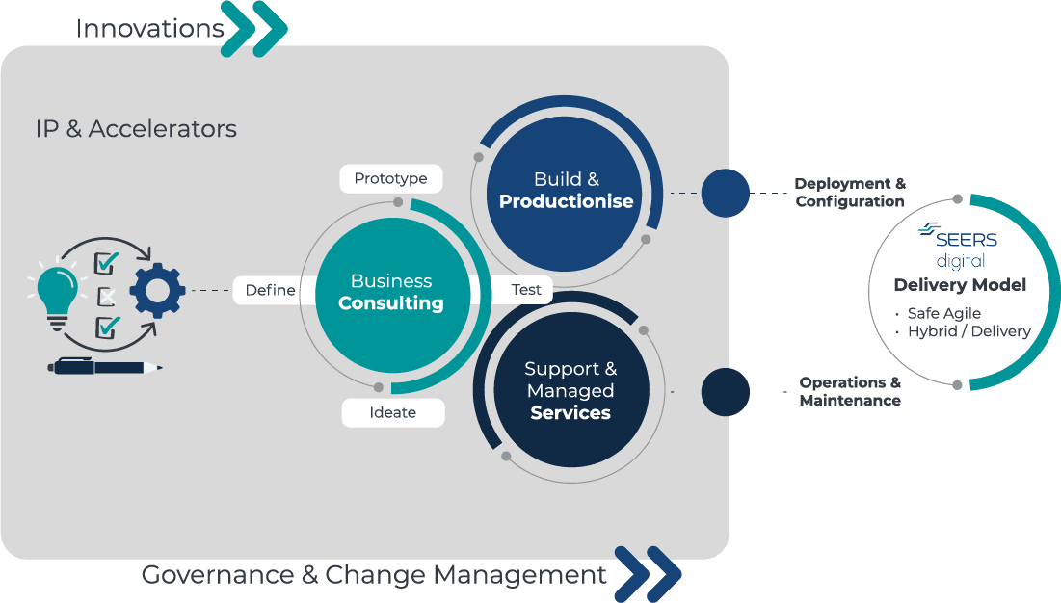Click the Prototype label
[x=390, y=179]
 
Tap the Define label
[x=270, y=290]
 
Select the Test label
[x=526, y=290]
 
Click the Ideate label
[x=393, y=412]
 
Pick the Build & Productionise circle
[x=566, y=191]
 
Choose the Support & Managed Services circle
[x=570, y=391]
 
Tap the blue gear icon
[x=157, y=291]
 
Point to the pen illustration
[x=105, y=367]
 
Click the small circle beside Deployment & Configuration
[x=725, y=193]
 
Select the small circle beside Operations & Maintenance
[x=725, y=392]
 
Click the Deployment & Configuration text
[x=849, y=193]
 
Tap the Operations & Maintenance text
[x=850, y=391]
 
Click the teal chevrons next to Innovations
[x=254, y=29]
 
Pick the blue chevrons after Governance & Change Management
[x=648, y=574]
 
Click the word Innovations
[x=149, y=29]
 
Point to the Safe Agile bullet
[x=942, y=313]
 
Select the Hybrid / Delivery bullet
[x=968, y=331]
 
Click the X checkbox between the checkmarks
[x=108, y=296]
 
